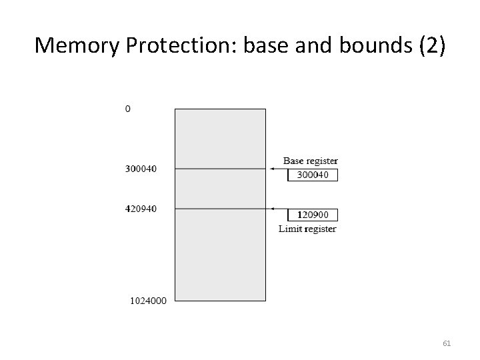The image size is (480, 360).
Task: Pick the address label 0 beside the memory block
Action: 128,108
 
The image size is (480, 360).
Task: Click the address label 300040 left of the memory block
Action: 141,169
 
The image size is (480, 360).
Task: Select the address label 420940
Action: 141,209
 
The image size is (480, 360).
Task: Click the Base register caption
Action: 311,161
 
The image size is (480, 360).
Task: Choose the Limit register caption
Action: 307,229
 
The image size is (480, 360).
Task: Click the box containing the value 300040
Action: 313,175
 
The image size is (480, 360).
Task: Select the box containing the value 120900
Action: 313,215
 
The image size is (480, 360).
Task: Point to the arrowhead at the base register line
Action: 272,169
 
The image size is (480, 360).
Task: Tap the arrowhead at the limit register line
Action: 272,209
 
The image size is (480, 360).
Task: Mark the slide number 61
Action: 447,344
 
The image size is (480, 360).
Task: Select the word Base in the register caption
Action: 293,161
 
